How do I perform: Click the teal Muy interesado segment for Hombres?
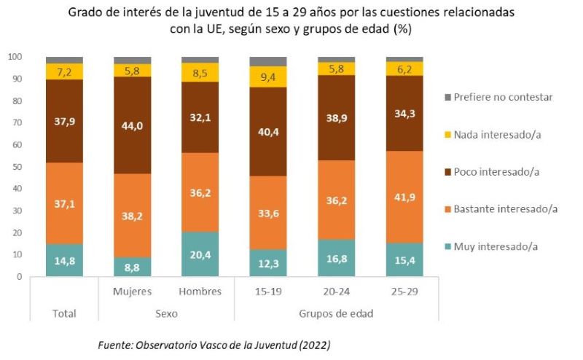point(200,254)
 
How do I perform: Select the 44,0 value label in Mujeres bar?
point(132,125)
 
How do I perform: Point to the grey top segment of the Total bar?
point(64,60)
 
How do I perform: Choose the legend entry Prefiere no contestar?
point(503,96)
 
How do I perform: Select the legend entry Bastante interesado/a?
point(505,209)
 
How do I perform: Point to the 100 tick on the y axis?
point(15,56)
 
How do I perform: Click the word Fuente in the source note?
point(115,344)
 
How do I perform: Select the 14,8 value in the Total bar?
point(64,261)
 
